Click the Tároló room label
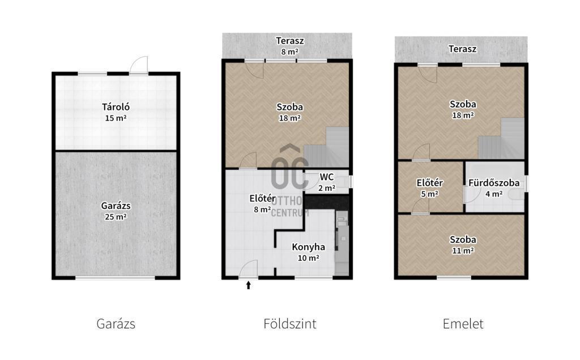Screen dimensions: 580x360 [x=116, y=107]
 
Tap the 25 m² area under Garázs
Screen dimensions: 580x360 [x=116, y=217]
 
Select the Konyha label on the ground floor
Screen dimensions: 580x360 [x=309, y=247]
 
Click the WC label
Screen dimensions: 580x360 [x=327, y=177]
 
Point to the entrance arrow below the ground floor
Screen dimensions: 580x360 [x=249, y=285]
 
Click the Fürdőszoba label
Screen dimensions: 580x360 [x=494, y=183]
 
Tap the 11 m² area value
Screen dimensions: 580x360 [x=463, y=251]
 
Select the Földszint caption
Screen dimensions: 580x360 [x=289, y=324]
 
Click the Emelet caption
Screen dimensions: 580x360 [x=463, y=324]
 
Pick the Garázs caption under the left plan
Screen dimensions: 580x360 [x=116, y=324]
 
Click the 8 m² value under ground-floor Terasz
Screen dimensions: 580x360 [x=289, y=52]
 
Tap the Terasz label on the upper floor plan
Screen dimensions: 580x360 [x=462, y=49]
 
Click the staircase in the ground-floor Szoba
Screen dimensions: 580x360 [x=326, y=147]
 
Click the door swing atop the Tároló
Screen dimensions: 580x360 [x=139, y=65]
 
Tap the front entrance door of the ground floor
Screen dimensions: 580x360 [x=248, y=269]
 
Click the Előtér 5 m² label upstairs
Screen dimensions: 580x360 [x=429, y=188]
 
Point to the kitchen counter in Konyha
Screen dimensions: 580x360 [x=342, y=242]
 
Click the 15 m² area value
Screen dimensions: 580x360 [x=116, y=118]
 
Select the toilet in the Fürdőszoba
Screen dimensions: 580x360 [x=517, y=194]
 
